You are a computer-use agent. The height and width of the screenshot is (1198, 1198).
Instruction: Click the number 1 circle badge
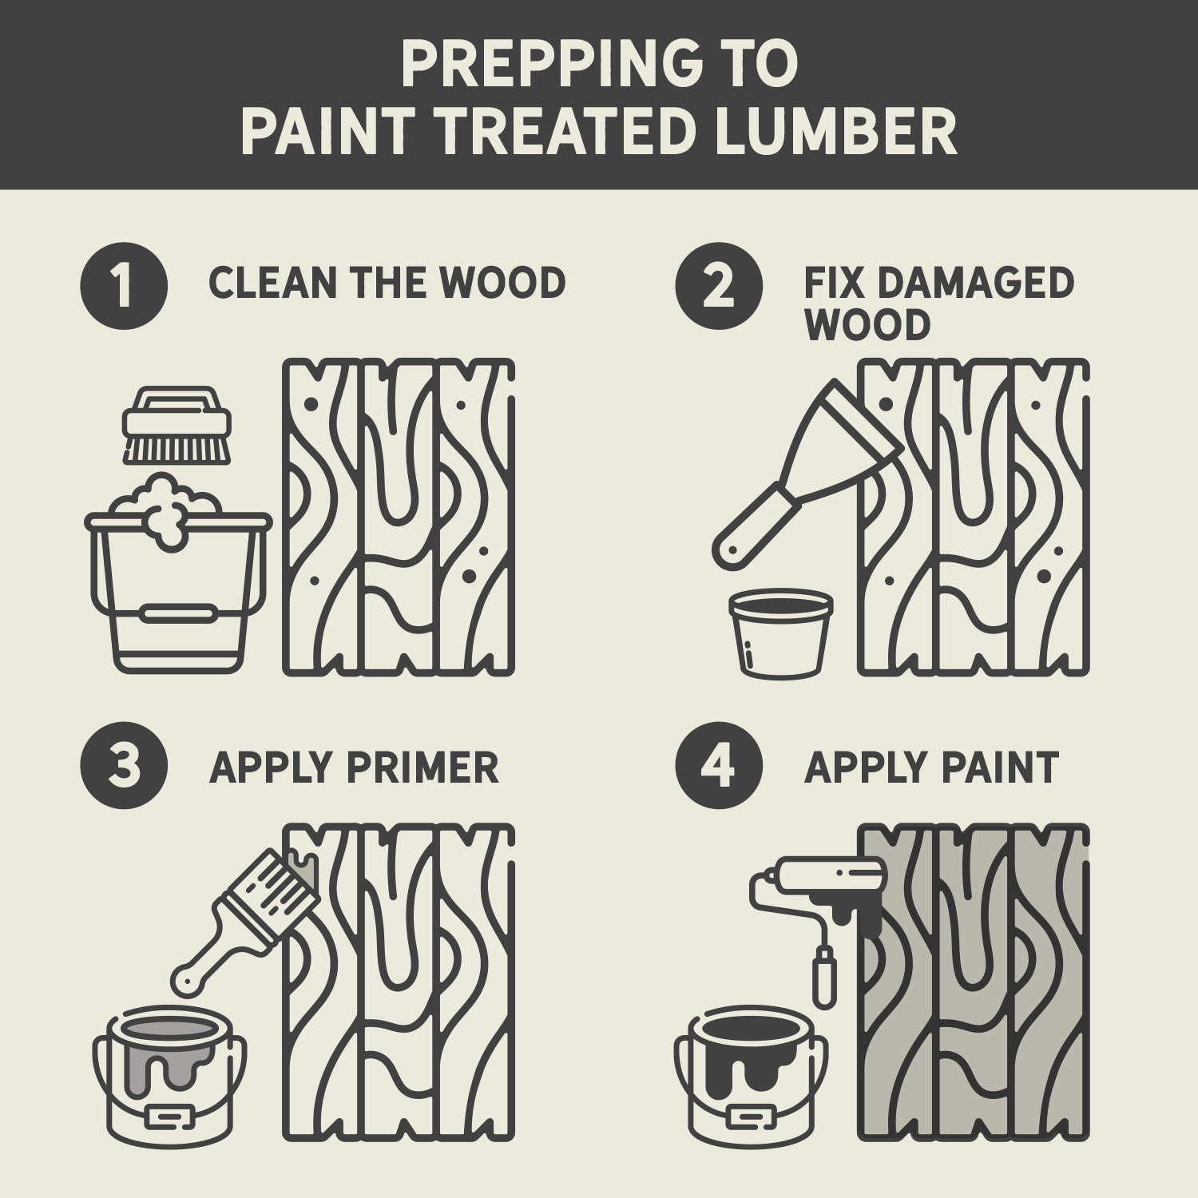(124, 285)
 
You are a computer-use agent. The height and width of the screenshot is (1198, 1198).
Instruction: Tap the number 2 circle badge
(718, 285)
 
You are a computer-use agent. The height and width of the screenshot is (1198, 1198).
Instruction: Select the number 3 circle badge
(124, 766)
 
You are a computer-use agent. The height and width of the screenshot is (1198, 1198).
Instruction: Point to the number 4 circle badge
(718, 766)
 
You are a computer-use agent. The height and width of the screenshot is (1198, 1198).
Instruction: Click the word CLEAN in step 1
(272, 284)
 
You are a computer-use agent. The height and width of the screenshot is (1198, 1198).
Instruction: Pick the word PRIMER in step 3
(422, 768)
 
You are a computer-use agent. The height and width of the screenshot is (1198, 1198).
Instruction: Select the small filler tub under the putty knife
(780, 633)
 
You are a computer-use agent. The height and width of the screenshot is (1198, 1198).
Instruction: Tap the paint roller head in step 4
(831, 874)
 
